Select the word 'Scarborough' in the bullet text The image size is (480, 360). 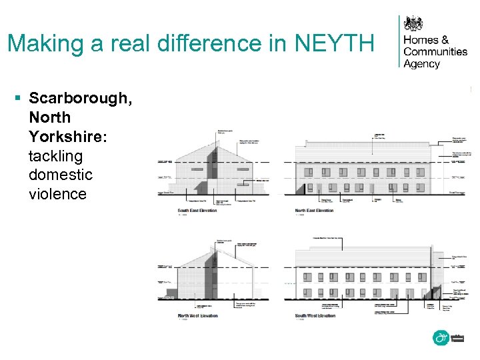click(x=81, y=99)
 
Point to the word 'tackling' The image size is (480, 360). click(x=56, y=156)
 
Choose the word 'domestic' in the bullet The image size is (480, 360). click(x=61, y=175)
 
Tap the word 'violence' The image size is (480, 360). click(x=58, y=194)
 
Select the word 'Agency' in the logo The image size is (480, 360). click(x=422, y=64)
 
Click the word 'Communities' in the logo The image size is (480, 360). click(x=435, y=52)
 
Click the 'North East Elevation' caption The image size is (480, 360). click(x=314, y=211)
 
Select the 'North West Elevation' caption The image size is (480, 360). click(x=198, y=315)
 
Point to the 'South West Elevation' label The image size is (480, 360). click(x=315, y=315)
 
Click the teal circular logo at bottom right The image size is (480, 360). click(x=441, y=338)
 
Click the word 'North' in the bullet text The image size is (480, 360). click(x=49, y=118)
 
